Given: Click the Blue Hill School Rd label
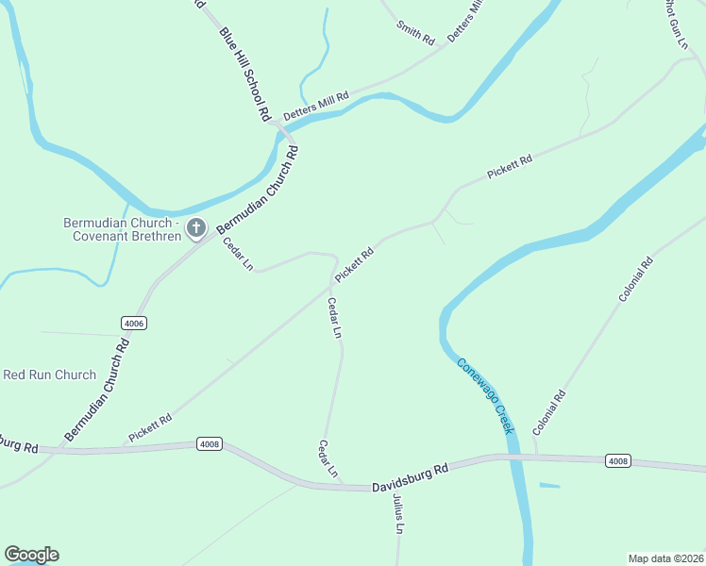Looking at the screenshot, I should pos(244,75).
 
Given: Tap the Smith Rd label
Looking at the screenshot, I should pos(415,34).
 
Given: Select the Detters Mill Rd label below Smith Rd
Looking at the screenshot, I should pos(316,103).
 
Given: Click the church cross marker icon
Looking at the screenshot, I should pos(196,226).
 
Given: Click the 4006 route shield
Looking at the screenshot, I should pos(134,323).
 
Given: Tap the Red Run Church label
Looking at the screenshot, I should pos(49,375).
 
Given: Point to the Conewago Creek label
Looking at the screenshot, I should pos(486,396).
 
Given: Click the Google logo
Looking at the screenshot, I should pos(31,555).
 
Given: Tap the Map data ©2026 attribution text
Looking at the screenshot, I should pos(665,558).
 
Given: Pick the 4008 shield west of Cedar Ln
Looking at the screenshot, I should pos(210,443).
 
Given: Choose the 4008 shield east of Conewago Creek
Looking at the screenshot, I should pos(617,461).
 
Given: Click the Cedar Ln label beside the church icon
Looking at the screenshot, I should pos(238,255).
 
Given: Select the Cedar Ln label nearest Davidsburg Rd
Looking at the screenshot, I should pos(327,459).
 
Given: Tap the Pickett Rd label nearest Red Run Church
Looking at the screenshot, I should pos(150,429).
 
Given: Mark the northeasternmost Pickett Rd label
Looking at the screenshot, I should pos(510,167).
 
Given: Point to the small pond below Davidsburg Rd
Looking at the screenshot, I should pos(549,486).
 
